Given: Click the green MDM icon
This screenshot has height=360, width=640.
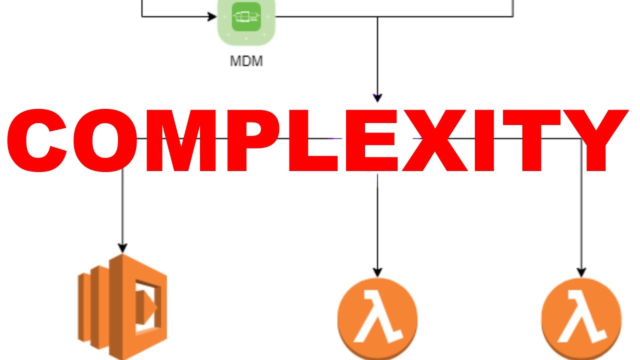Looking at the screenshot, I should pyautogui.click(x=246, y=17).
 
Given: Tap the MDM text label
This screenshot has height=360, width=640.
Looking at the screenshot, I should pyautogui.click(x=246, y=62).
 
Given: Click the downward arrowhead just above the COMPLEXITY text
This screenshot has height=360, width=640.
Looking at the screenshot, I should pyautogui.click(x=377, y=97).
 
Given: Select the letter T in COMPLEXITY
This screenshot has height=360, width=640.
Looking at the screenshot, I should pyautogui.click(x=532, y=141).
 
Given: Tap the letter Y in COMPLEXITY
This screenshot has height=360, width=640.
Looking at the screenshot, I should pyautogui.click(x=595, y=141).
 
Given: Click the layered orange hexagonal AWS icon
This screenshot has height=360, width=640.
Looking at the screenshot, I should pyautogui.click(x=122, y=306).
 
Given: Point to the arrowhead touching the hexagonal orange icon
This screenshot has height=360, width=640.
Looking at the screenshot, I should pyautogui.click(x=122, y=247).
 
